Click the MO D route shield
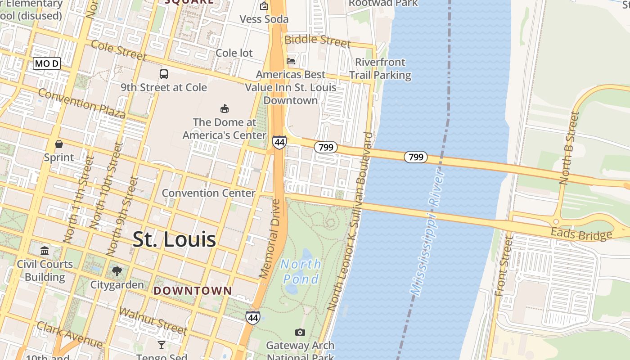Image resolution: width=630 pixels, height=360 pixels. click(47, 63)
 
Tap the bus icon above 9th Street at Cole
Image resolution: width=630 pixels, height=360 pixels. click(164, 74)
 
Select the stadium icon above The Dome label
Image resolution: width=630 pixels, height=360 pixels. click(224, 108)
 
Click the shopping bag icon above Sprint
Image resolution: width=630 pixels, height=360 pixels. click(58, 144)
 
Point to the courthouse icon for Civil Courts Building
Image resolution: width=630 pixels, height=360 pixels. click(45, 251)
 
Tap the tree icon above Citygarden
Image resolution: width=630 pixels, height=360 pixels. click(117, 271)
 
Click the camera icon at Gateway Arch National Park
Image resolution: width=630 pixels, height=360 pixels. click(300, 333)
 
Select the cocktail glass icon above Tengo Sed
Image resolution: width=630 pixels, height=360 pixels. click(161, 345)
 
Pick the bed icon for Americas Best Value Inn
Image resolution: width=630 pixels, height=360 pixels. click(291, 61)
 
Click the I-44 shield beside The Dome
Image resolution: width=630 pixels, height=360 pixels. click(279, 143)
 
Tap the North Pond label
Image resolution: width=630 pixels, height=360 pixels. click(301, 271)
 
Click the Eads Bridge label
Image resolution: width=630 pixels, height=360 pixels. click(581, 234)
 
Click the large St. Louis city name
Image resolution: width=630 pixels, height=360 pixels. click(174, 239)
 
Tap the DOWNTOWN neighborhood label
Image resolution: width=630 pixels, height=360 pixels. click(193, 291)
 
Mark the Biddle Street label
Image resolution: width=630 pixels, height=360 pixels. click(317, 40)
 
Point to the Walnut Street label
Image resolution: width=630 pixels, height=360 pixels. click(153, 320)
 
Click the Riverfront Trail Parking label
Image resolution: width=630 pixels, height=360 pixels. click(380, 68)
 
